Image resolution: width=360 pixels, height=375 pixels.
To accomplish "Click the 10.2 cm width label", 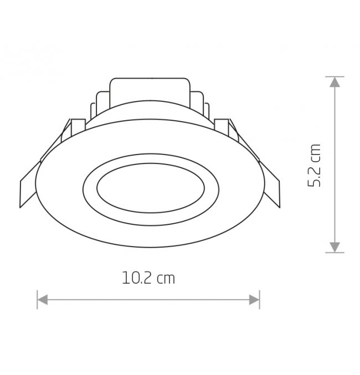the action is pos(148,278).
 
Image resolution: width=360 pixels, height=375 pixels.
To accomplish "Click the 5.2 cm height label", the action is pos(314,166).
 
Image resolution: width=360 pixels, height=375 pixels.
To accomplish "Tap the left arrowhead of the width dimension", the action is pos(43,300).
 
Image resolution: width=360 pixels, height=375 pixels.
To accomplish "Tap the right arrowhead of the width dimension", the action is pos(254,300).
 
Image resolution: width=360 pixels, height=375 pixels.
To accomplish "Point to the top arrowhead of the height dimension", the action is pos(335,82).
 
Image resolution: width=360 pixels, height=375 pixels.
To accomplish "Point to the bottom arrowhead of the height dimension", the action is pos(335,247).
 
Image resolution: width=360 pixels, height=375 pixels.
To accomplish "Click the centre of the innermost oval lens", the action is pos(151,188).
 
